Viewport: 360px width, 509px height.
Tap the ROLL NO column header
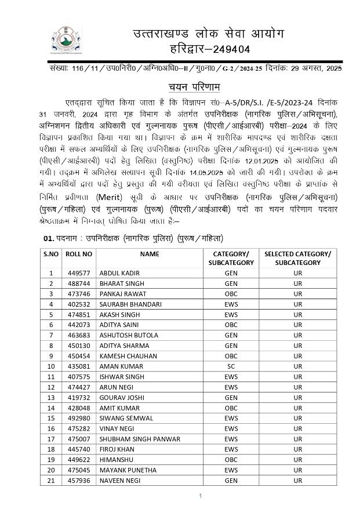(x=79, y=254)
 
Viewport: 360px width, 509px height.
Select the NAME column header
(x=149, y=254)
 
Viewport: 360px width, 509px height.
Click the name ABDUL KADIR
(x=120, y=272)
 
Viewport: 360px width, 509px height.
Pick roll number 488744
(x=79, y=283)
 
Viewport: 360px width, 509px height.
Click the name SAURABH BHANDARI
(x=130, y=304)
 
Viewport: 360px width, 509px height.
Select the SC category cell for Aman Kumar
(x=231, y=366)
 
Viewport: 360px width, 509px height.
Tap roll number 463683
(x=79, y=335)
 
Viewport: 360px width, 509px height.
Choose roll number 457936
(x=79, y=481)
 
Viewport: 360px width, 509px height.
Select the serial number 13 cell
(x=50, y=398)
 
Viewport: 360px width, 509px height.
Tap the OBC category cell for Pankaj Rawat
(x=231, y=293)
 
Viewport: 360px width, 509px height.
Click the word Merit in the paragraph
(x=107, y=197)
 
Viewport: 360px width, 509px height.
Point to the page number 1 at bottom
(x=199, y=496)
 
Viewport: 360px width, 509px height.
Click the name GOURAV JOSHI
(x=122, y=398)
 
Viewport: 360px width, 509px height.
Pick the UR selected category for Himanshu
(x=297, y=460)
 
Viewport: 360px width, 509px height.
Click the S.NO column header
(x=50, y=254)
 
